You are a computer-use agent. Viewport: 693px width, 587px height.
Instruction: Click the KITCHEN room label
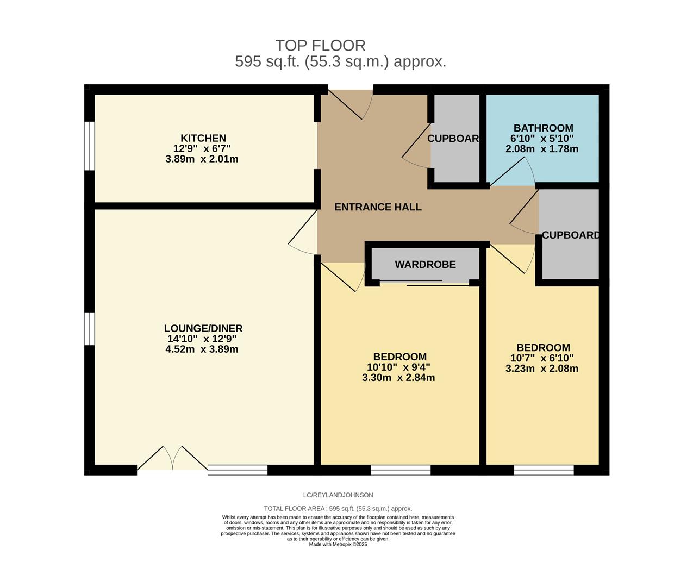(203, 138)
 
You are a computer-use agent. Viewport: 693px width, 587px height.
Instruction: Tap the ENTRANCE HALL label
(378, 207)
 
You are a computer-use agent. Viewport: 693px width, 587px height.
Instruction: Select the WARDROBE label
(425, 265)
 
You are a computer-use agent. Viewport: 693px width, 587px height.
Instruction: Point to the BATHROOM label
(543, 128)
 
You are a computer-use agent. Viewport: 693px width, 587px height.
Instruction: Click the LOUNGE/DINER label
(203, 328)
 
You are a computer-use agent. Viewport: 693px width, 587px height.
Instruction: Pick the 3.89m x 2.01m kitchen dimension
(202, 159)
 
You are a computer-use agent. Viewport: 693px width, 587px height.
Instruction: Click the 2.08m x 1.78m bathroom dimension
(542, 149)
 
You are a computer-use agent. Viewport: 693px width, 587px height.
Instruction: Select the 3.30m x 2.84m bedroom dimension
(398, 378)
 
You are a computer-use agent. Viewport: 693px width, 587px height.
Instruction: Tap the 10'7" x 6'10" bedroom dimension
(542, 358)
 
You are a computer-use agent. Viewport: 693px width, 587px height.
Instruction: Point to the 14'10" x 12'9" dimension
(202, 339)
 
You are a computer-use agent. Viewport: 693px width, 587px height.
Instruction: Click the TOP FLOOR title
(320, 46)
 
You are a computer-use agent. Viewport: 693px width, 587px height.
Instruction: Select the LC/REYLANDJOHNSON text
(338, 495)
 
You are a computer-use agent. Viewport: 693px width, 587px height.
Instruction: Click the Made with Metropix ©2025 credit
(338, 545)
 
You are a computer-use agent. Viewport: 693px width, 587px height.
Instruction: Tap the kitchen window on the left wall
(90, 146)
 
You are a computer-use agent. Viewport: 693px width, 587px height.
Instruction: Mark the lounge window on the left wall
(90, 328)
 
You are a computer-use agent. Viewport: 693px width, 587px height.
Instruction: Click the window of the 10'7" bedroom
(544, 470)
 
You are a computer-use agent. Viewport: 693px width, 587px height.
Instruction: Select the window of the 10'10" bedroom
(401, 470)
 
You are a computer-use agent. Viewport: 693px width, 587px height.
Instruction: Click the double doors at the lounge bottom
(172, 458)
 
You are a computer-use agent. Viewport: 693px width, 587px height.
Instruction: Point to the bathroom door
(513, 171)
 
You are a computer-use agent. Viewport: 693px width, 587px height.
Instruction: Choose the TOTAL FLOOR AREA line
(338, 509)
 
